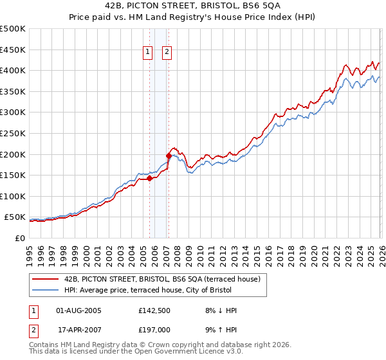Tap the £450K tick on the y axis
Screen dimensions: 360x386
coord(13,50)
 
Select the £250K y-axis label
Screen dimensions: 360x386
coord(13,134)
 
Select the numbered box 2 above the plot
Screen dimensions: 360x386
coord(167,53)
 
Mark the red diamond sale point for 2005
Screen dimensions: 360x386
coord(149,179)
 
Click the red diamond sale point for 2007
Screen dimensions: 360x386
coord(169,156)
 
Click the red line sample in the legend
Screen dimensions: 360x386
coord(46,279)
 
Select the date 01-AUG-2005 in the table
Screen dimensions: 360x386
coord(79,310)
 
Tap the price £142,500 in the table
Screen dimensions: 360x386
coord(153,310)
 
